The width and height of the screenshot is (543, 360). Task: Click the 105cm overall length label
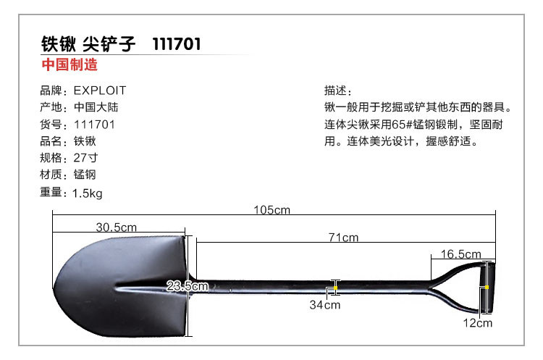pos(271,211)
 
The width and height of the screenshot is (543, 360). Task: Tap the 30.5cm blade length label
pos(117,227)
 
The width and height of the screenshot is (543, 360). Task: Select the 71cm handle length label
pos(344,237)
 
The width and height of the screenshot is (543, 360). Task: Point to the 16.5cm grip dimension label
pos(461,254)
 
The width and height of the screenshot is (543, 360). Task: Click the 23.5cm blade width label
pos(182,286)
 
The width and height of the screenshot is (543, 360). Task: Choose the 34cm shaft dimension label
pos(325,305)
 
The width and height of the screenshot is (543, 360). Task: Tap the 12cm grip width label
pos(478,323)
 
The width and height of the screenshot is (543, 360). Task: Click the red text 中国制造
pos(70,64)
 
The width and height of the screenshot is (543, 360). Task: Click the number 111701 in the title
pos(177,44)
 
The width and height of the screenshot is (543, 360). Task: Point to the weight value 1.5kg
pos(88,193)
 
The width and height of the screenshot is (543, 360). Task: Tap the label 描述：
pos(338,91)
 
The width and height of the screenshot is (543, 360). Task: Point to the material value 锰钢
pos(85,175)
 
